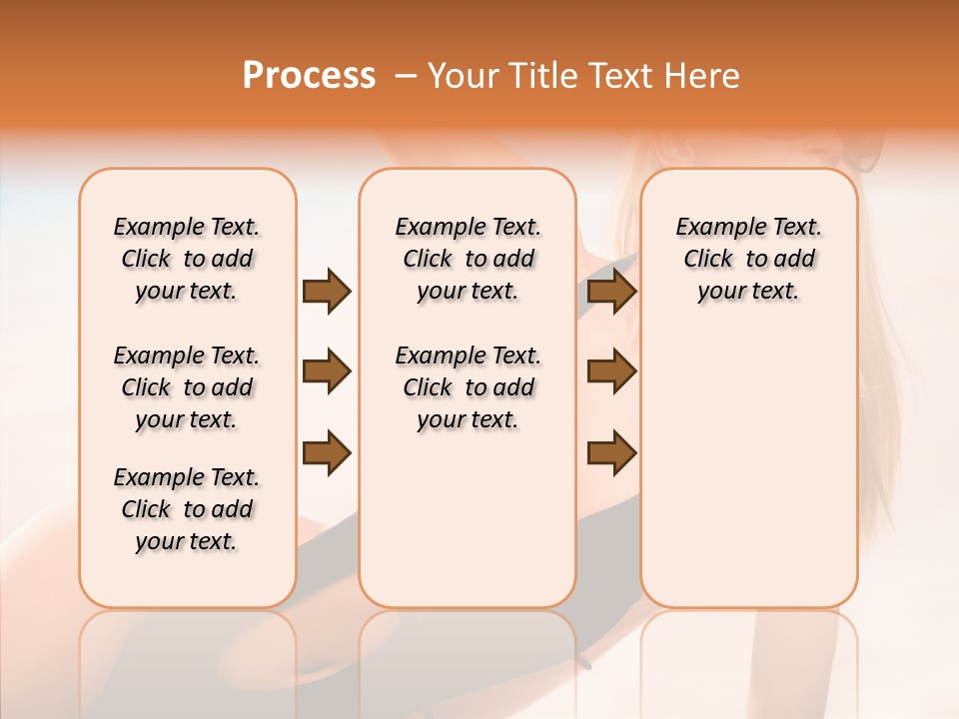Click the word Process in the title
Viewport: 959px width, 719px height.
coord(309,75)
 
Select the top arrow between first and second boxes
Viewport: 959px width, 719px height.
coord(327,292)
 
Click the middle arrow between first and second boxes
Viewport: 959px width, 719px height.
coord(327,371)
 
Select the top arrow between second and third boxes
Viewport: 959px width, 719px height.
coord(611,292)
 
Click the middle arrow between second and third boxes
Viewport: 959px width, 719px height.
coord(611,371)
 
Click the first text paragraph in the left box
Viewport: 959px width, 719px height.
coord(187,259)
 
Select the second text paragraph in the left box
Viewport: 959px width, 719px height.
coord(187,387)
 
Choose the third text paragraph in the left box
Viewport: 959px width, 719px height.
coord(187,509)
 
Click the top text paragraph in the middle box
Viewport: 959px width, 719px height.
coord(468,259)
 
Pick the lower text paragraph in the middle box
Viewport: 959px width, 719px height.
coord(468,387)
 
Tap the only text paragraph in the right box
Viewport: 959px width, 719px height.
coord(749,259)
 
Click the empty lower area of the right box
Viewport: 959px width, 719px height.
coord(749,479)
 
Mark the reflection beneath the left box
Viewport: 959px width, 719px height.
coord(188,649)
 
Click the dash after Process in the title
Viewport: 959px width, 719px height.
coord(405,76)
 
